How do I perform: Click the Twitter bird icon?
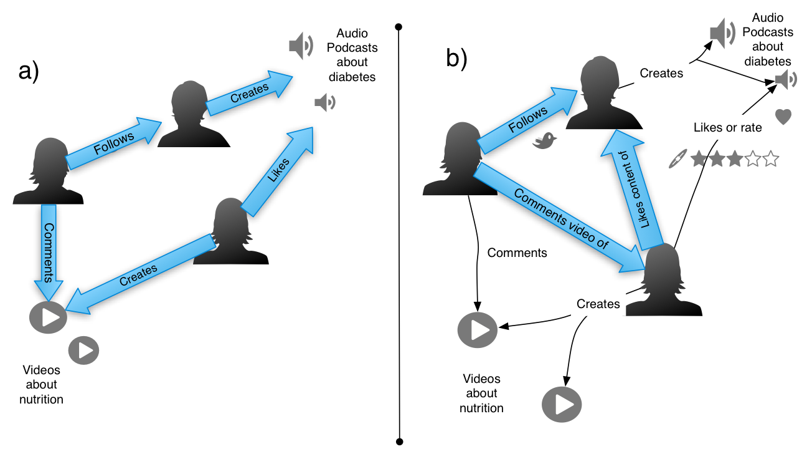click(x=545, y=141)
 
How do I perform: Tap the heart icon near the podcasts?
click(x=783, y=117)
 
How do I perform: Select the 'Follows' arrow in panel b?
click(x=527, y=118)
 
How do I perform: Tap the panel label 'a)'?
click(x=29, y=72)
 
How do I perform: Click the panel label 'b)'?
click(x=456, y=57)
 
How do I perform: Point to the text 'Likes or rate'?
click(x=727, y=128)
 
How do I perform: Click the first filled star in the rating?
click(x=699, y=159)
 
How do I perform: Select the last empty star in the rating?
click(x=771, y=159)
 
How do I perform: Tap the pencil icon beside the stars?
click(x=676, y=159)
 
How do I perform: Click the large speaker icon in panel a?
click(x=301, y=46)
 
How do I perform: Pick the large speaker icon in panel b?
click(x=722, y=33)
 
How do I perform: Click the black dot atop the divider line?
click(x=399, y=27)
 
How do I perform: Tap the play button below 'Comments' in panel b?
click(x=477, y=329)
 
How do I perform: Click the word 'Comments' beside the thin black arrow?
click(x=517, y=253)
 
